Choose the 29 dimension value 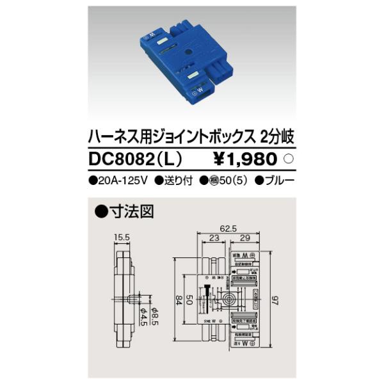245,238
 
